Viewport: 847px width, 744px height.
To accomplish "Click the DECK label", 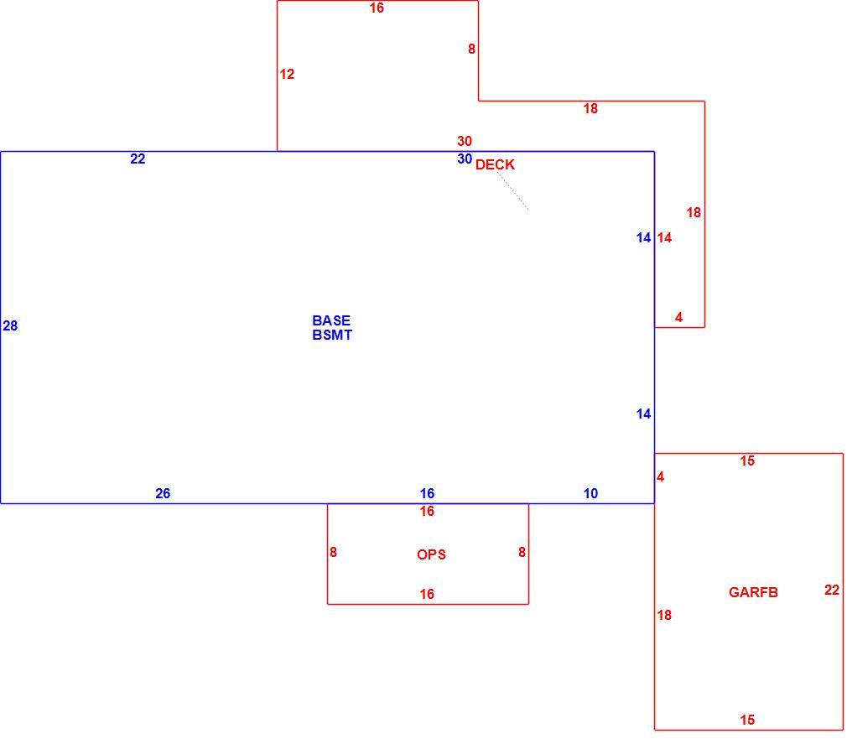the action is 495,164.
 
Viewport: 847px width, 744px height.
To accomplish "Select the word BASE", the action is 331,320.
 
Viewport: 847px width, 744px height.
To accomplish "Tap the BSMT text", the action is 332,335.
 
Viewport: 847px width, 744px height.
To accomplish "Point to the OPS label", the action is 431,555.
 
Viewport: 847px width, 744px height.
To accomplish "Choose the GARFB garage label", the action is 753,593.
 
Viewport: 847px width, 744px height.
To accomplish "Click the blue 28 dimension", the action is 10,325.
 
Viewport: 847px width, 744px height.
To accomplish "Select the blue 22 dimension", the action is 138,159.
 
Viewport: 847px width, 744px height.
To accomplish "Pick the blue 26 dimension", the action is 163,493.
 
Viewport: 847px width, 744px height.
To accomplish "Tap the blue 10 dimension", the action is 590,493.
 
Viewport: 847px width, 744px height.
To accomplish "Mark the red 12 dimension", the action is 287,74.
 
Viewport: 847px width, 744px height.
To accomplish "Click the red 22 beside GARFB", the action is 832,590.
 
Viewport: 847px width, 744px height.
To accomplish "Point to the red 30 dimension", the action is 465,142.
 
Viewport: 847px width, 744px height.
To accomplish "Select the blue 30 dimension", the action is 465,159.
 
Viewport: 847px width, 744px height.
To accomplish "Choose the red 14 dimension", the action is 664,237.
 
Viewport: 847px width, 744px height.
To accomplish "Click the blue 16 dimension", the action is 427,493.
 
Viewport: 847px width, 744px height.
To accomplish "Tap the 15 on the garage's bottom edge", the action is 747,720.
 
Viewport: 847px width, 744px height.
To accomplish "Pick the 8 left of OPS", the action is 333,552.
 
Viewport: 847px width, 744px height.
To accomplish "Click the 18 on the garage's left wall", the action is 664,615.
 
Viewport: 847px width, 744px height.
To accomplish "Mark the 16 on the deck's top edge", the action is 377,8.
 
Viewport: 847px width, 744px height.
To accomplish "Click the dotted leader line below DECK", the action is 512,190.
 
